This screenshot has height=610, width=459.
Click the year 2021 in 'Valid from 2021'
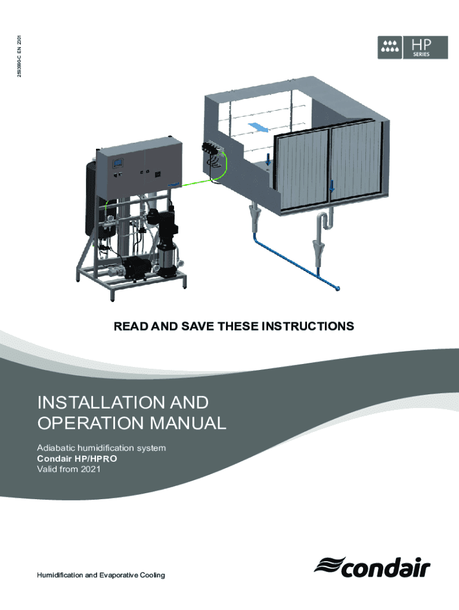(90, 470)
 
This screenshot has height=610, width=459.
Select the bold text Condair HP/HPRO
(77, 459)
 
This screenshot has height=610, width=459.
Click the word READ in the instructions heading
(129, 326)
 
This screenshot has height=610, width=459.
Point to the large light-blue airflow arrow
(256, 127)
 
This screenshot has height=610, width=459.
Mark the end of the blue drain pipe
(338, 290)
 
